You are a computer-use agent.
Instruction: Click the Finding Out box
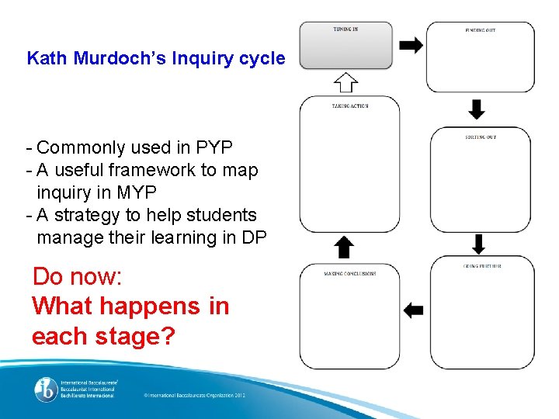click(x=480, y=57)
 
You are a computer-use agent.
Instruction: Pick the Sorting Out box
click(x=480, y=179)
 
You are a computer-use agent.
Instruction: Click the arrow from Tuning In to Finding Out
click(x=411, y=46)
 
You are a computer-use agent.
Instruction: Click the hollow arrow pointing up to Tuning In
click(x=345, y=82)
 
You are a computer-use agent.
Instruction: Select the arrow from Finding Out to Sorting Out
click(x=477, y=109)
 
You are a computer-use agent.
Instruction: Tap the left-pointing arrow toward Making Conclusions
click(x=414, y=310)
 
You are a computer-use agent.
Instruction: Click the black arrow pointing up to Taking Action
click(x=345, y=248)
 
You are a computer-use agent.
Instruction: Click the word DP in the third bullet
click(x=254, y=237)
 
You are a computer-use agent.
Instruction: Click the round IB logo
click(x=45, y=390)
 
